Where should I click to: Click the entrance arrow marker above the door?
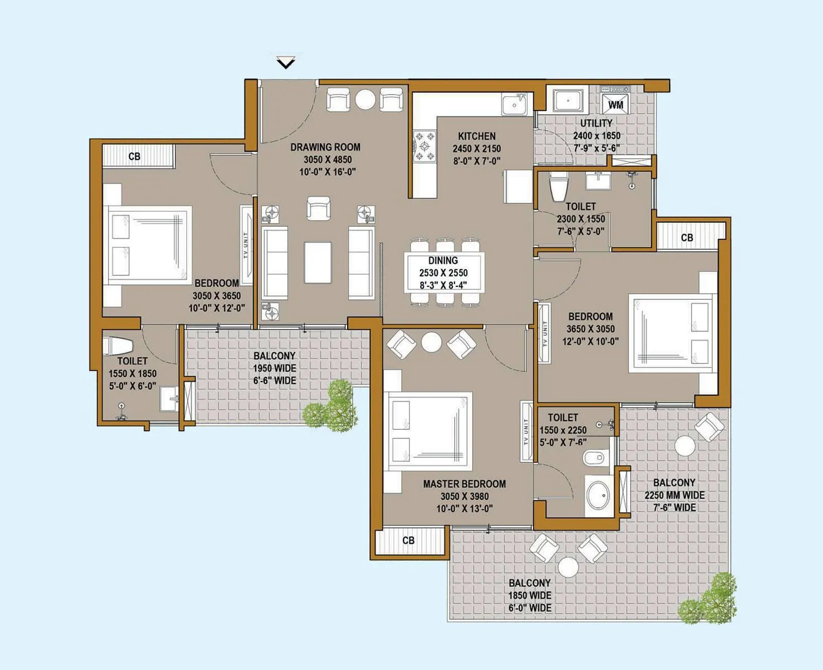click(285, 63)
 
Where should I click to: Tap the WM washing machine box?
click(615, 104)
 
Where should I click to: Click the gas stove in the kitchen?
click(425, 146)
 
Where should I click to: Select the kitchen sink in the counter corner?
click(514, 105)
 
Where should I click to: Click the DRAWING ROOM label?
click(325, 147)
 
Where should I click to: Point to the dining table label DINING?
click(443, 261)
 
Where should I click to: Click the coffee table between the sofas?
click(318, 262)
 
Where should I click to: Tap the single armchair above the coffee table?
click(318, 208)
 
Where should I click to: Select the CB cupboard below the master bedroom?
click(408, 540)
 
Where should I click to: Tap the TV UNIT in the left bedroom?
click(246, 245)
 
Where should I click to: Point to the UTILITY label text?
click(596, 123)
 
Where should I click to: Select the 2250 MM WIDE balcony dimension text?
click(674, 495)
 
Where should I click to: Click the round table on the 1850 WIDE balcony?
click(568, 567)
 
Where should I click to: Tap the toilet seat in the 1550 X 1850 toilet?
click(114, 346)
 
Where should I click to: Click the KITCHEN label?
click(477, 136)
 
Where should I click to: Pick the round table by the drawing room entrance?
click(365, 99)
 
